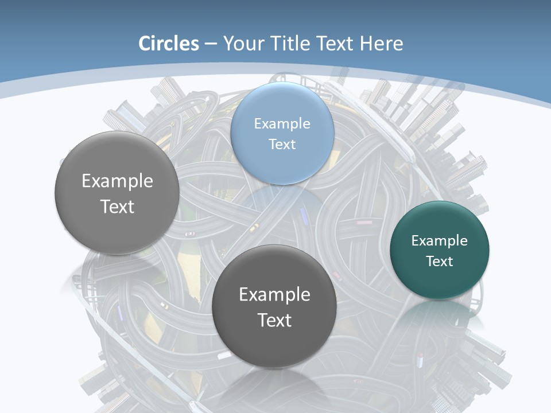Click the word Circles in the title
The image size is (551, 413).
169,44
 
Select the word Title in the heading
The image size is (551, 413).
290,44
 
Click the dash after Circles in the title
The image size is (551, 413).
211,44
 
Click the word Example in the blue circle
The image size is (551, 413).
282,123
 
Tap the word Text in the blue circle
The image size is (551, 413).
282,144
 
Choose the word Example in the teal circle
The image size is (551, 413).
440,240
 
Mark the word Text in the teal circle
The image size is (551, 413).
440,261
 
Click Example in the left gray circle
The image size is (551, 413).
118,181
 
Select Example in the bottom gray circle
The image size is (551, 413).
275,294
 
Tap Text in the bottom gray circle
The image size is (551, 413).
275,320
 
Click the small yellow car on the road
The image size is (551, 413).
253,228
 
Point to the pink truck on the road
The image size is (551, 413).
363,222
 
